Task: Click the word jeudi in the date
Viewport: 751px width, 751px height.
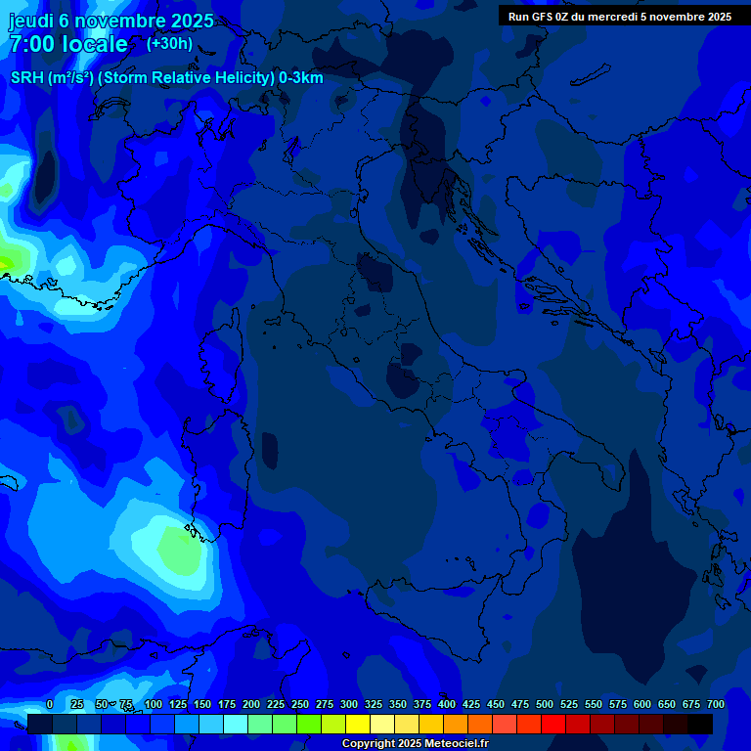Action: click(31, 22)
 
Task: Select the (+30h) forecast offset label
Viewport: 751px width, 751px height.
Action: click(169, 44)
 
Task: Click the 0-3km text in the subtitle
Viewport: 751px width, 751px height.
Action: click(301, 78)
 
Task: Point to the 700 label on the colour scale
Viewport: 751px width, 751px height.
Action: click(715, 705)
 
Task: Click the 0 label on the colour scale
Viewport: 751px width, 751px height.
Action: click(50, 705)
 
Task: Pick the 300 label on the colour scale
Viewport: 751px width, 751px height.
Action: click(349, 705)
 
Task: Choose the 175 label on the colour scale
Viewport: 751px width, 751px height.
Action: click(227, 705)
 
